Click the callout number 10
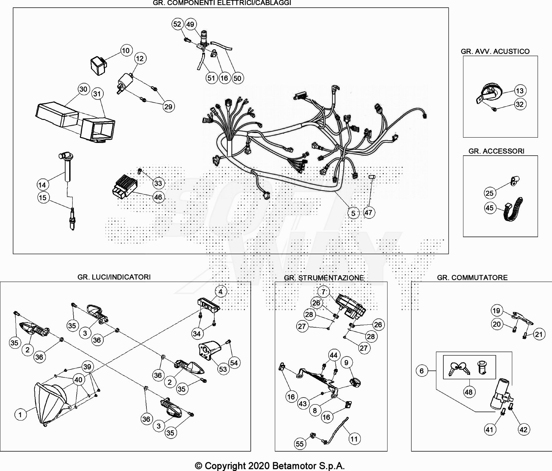coord(125,51)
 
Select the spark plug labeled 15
coord(72,219)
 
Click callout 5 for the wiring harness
coord(353,213)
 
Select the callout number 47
coord(368,212)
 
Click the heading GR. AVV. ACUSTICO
coord(495,51)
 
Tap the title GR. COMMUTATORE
coord(472,278)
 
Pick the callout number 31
coord(97,94)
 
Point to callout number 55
coord(300,444)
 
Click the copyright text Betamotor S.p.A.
coord(269,466)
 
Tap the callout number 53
coord(223,369)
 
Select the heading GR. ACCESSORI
coord(496,151)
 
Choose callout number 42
coord(523,430)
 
